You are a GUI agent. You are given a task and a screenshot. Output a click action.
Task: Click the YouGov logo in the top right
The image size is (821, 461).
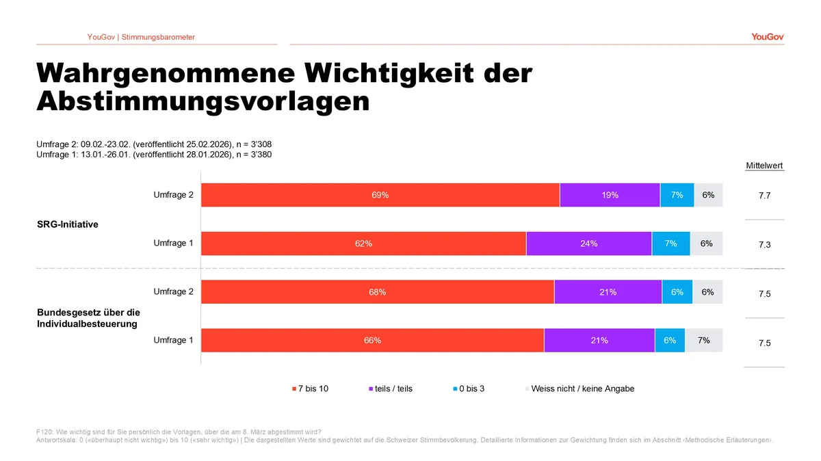767,37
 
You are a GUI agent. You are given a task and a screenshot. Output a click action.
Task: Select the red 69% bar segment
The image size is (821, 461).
380,195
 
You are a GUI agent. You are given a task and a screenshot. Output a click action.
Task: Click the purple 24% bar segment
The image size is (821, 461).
588,243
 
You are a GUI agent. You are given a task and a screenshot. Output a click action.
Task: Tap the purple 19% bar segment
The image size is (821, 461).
610,195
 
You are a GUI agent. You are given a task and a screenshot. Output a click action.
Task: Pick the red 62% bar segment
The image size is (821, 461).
363,243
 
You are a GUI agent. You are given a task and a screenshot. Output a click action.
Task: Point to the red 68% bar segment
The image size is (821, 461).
377,292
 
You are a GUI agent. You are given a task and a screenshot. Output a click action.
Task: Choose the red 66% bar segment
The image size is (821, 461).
372,341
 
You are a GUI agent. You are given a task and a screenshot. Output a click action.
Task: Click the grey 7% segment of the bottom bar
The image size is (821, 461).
703,341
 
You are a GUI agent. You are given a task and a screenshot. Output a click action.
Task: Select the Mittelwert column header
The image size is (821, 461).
764,166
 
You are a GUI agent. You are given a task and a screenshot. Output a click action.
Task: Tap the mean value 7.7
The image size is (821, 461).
764,196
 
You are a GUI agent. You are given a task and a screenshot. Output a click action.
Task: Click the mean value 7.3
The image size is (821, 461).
764,244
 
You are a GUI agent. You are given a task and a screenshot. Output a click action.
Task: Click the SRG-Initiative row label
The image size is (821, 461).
68,224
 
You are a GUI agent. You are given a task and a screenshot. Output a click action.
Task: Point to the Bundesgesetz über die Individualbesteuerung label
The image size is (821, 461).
88,317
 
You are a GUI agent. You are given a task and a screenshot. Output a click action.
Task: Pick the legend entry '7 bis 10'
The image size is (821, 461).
310,388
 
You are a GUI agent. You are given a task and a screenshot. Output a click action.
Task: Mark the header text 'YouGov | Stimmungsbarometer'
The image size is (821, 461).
141,37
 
